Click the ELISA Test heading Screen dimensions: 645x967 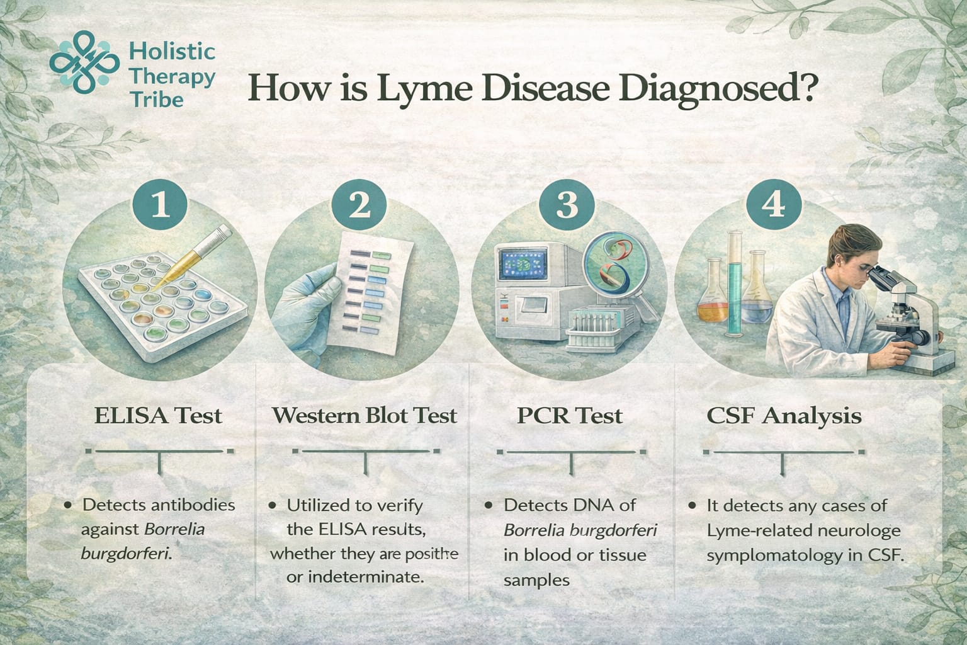[x=158, y=416]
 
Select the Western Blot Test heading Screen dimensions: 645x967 [x=365, y=416]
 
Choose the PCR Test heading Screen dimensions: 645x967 [x=570, y=416]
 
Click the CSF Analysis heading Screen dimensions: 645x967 [x=784, y=416]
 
